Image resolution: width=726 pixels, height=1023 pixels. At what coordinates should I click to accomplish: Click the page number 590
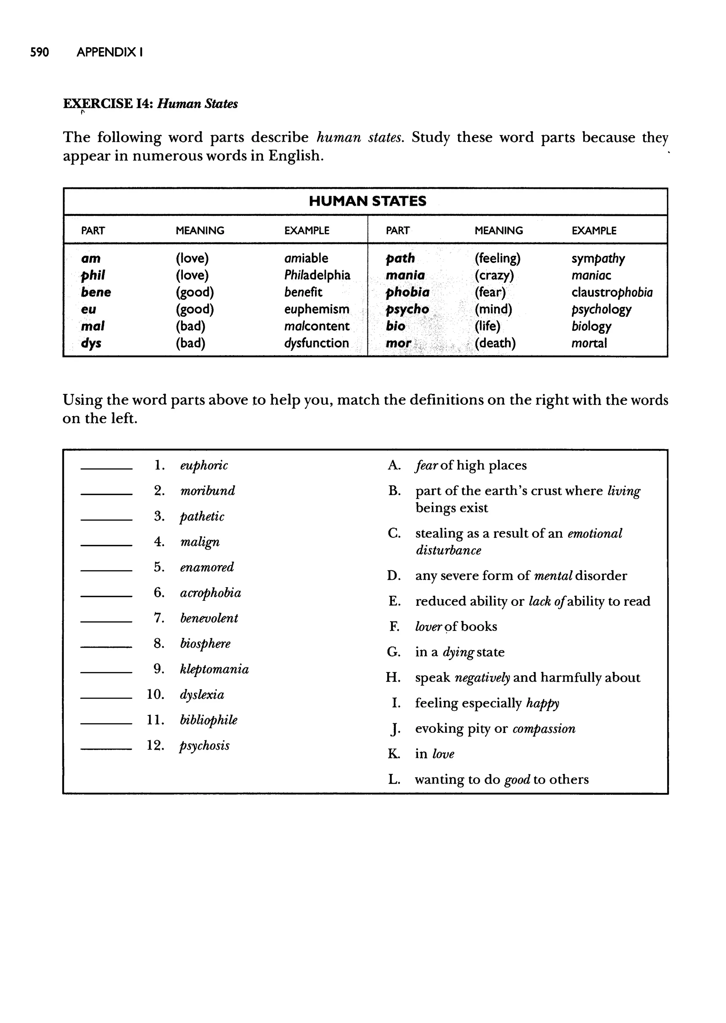coord(39,52)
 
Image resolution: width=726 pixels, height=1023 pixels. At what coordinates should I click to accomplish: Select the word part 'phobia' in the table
coord(407,292)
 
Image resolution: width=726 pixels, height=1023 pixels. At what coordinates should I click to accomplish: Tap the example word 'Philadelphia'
coord(317,275)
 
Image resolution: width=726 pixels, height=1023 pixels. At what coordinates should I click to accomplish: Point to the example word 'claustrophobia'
coord(611,292)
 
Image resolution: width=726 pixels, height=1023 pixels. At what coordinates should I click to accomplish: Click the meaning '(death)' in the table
coord(495,343)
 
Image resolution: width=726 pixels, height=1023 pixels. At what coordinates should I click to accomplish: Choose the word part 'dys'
coord(91,343)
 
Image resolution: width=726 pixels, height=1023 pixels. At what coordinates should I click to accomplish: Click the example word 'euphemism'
coord(317,309)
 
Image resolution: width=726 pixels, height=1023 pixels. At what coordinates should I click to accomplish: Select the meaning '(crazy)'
coord(494,275)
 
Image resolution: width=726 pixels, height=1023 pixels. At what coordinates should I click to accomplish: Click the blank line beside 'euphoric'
coord(106,468)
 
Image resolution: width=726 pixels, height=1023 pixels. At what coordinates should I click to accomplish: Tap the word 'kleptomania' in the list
coord(214,669)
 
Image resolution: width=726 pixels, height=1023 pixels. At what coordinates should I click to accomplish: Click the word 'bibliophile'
coord(208,720)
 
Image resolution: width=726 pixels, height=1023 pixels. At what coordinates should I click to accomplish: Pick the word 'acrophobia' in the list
coord(210,593)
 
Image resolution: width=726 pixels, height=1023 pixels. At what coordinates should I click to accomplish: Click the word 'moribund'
coord(207,491)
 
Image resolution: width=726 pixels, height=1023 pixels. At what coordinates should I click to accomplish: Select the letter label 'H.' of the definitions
coord(393,677)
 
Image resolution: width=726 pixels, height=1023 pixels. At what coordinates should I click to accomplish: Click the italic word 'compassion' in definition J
coord(543,728)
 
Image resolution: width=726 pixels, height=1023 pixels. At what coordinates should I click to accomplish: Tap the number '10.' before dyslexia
coord(155,694)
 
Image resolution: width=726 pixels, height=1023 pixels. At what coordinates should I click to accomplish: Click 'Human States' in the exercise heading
coord(197,104)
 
